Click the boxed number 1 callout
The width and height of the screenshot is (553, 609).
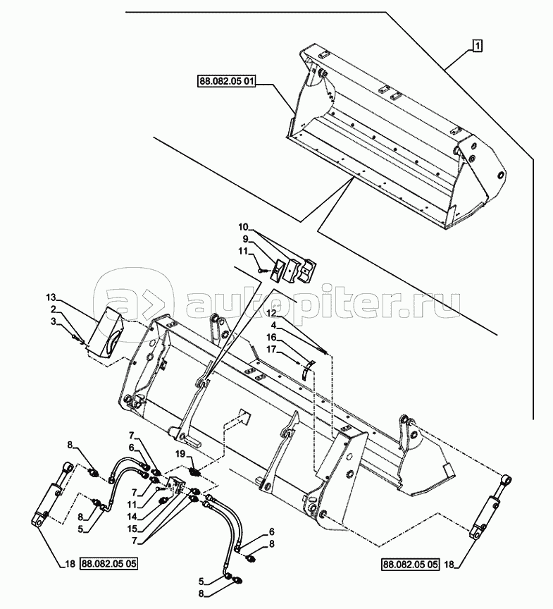click(x=478, y=46)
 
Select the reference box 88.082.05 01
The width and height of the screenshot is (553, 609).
click(x=227, y=82)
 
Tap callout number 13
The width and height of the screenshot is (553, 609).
click(x=51, y=298)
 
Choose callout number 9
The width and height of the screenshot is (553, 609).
click(x=245, y=238)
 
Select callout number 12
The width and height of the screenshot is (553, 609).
click(x=271, y=312)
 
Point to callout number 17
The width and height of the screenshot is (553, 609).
click(x=271, y=350)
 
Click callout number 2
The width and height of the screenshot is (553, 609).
click(x=54, y=309)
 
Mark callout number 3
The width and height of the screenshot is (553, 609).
click(x=54, y=321)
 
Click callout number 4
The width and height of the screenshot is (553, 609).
click(x=273, y=324)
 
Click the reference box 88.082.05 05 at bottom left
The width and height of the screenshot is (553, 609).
click(x=109, y=564)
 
